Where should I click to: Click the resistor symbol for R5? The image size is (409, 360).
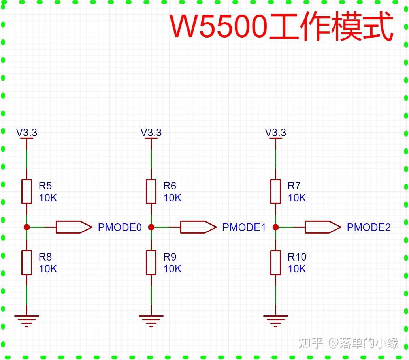[26, 191]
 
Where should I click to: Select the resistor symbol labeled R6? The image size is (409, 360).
[151, 191]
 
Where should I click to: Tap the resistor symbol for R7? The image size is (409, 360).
[275, 191]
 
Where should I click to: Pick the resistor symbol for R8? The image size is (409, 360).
[26, 262]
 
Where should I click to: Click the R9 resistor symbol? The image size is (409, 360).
[151, 262]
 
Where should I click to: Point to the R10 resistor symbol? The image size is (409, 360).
[275, 262]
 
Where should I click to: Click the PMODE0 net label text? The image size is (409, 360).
[119, 227]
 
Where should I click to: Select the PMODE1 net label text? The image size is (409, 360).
[244, 227]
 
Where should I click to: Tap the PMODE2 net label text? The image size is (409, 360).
[368, 227]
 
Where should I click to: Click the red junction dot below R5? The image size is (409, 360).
[26, 227]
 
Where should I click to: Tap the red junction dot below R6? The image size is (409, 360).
[151, 227]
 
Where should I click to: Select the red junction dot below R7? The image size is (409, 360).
[275, 227]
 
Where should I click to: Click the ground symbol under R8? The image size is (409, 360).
[26, 321]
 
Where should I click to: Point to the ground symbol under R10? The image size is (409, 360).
[275, 321]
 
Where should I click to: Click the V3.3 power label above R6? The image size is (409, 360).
[151, 133]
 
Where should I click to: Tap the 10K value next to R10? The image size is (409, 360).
[297, 269]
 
